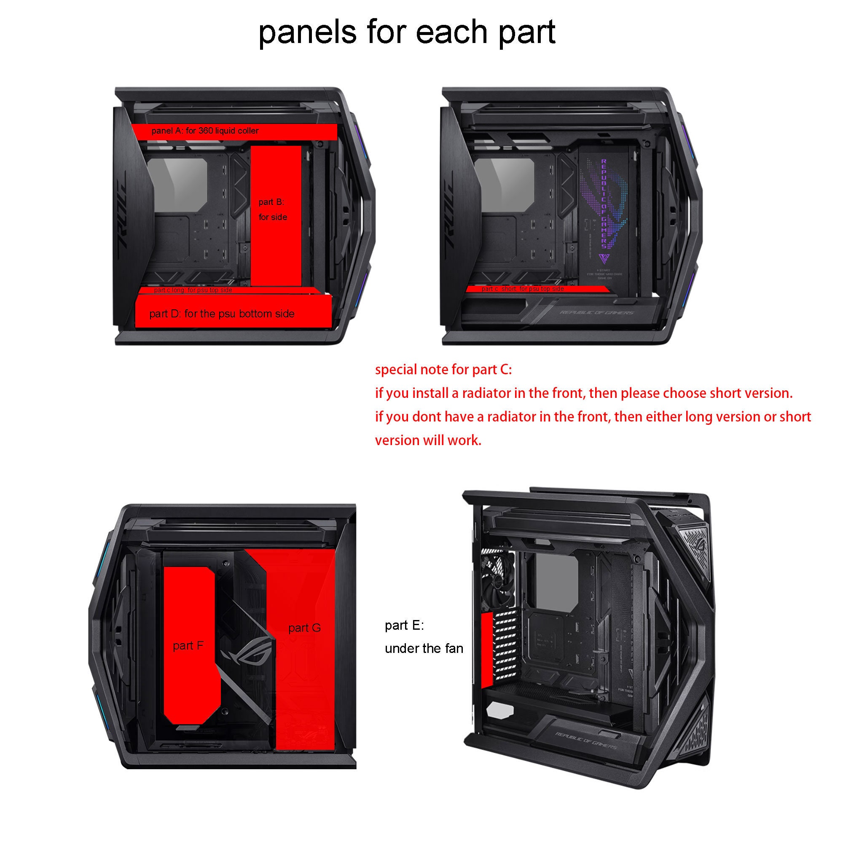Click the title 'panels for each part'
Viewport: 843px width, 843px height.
407,32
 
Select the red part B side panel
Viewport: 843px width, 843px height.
276,244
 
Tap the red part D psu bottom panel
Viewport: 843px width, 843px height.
233,314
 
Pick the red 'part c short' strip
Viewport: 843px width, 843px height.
537,289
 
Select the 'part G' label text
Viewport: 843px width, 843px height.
305,628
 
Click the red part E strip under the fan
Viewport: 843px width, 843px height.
486,648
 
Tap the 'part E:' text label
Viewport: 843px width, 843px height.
404,625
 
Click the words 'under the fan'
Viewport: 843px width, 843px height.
424,648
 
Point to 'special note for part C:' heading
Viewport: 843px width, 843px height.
443,370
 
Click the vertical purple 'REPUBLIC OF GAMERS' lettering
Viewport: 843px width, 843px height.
604,203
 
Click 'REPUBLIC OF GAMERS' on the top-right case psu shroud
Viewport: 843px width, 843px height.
597,312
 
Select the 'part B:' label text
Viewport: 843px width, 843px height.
271,202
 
